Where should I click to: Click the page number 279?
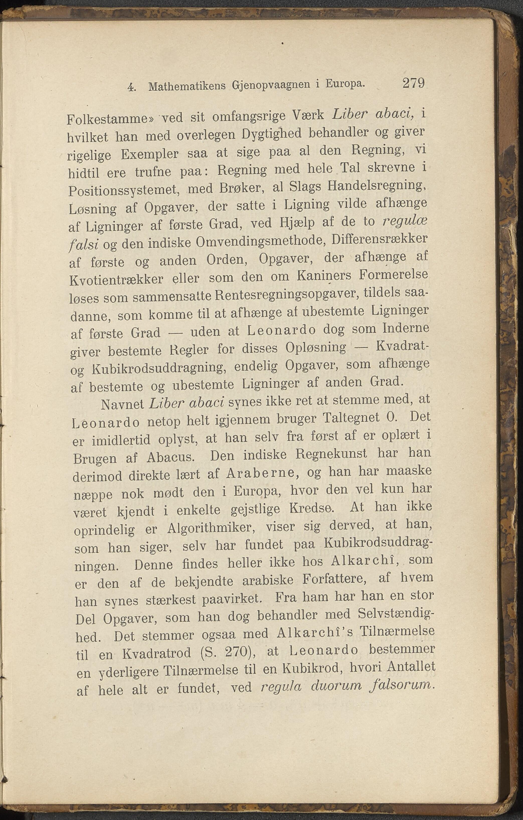point(413,83)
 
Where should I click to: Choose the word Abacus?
point(170,457)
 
